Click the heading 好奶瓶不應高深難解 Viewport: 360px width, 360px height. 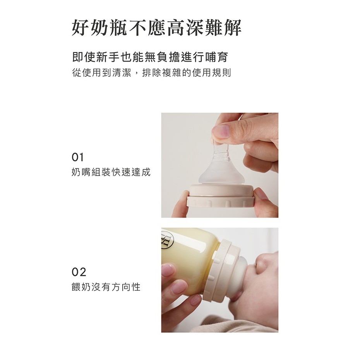(157, 28)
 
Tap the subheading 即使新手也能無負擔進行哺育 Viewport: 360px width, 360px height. (150, 57)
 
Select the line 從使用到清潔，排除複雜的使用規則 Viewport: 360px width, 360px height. (151, 73)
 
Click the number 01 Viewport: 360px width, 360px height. (77, 157)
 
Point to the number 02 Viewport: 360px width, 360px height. (79, 272)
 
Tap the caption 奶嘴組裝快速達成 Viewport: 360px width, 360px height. (111, 172)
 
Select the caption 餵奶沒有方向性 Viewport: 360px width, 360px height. (106, 287)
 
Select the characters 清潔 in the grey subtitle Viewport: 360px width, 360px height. (122, 73)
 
